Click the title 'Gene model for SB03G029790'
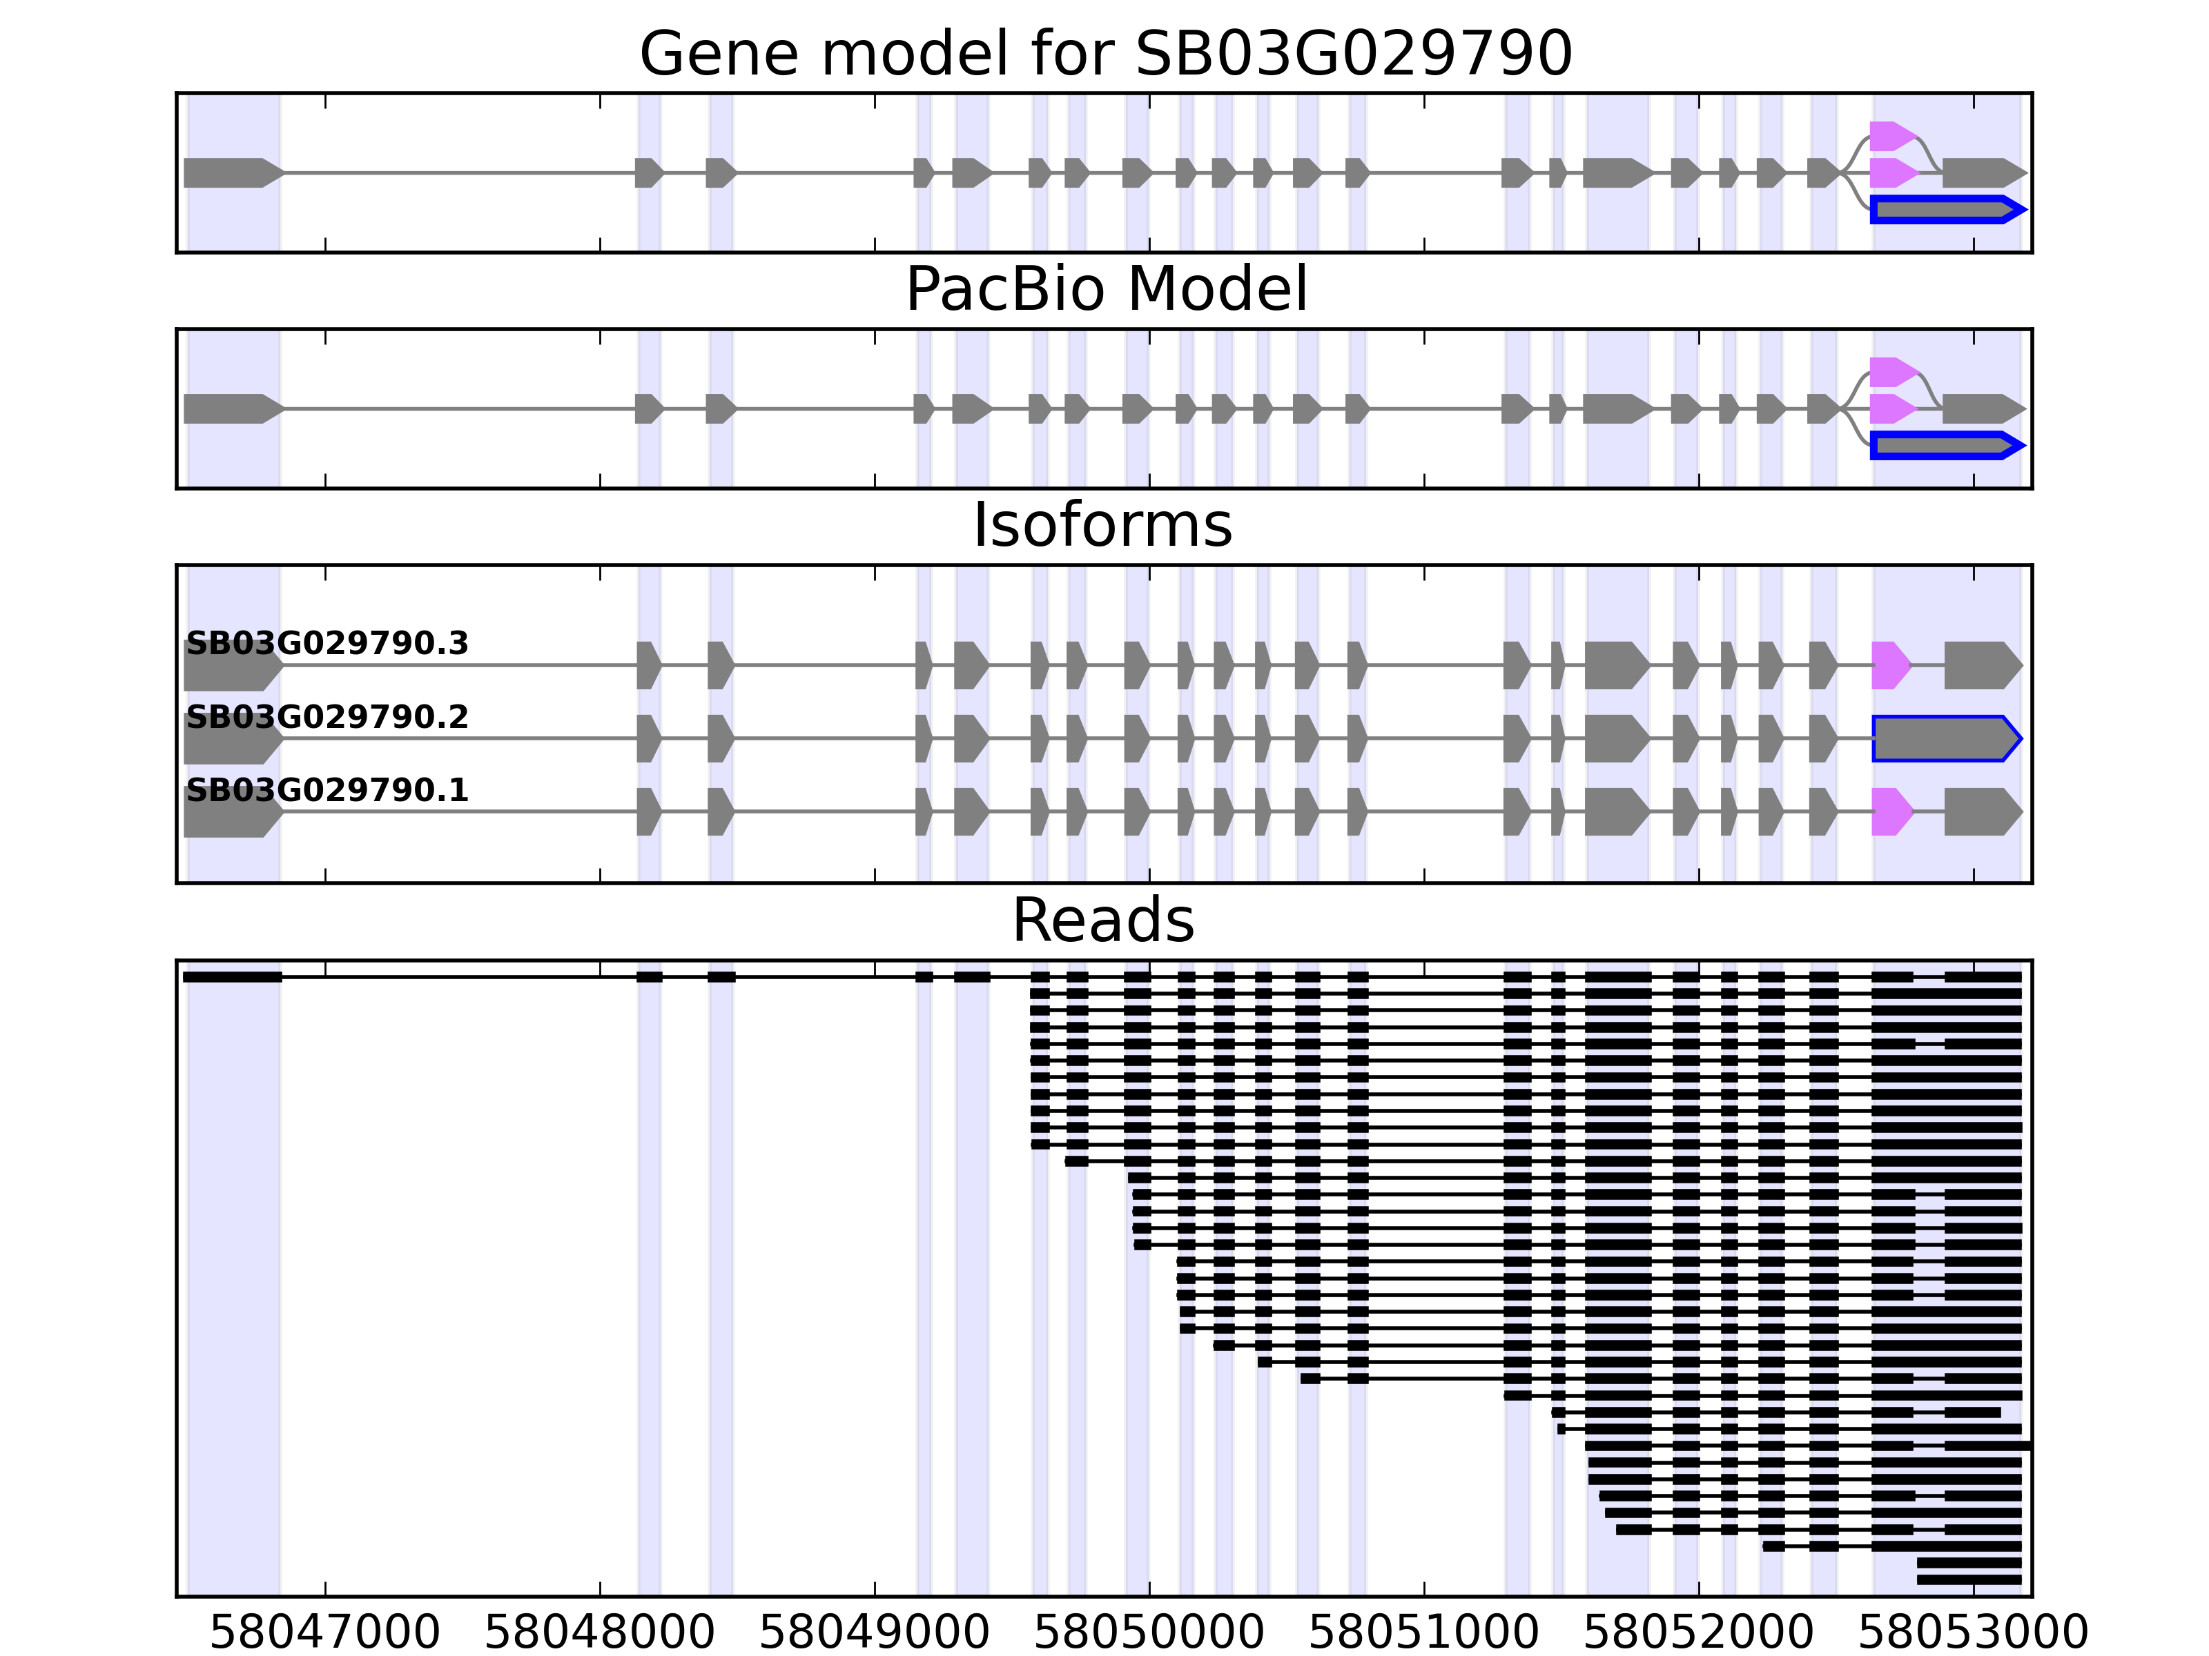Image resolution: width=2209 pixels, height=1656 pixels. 1104,53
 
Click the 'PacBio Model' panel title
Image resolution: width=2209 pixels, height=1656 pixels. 1105,290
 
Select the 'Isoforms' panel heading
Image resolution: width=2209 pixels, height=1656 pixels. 1102,525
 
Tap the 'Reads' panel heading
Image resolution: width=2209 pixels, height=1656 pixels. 1102,920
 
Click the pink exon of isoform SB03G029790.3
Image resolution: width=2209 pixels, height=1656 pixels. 1889,664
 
